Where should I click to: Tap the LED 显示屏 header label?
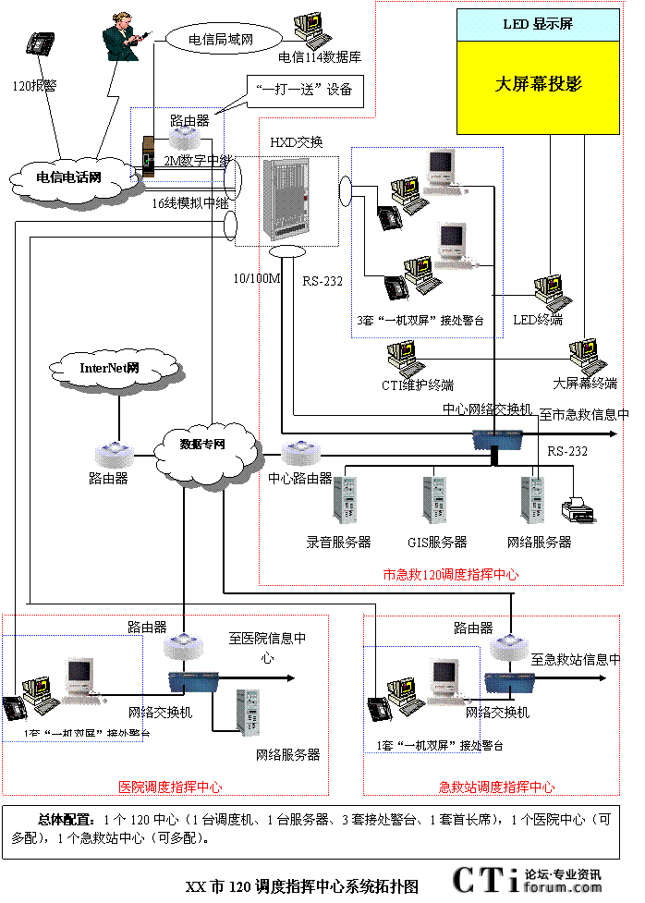(x=538, y=24)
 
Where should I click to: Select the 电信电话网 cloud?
(x=68, y=176)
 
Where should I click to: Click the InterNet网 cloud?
(x=109, y=368)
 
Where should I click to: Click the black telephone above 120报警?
(x=40, y=44)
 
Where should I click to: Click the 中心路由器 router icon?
(x=299, y=454)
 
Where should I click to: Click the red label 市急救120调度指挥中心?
(x=451, y=574)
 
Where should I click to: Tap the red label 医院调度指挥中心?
(x=170, y=787)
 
